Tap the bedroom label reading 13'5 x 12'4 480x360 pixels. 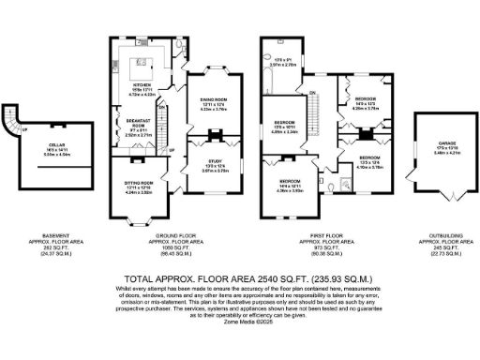[370, 160]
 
